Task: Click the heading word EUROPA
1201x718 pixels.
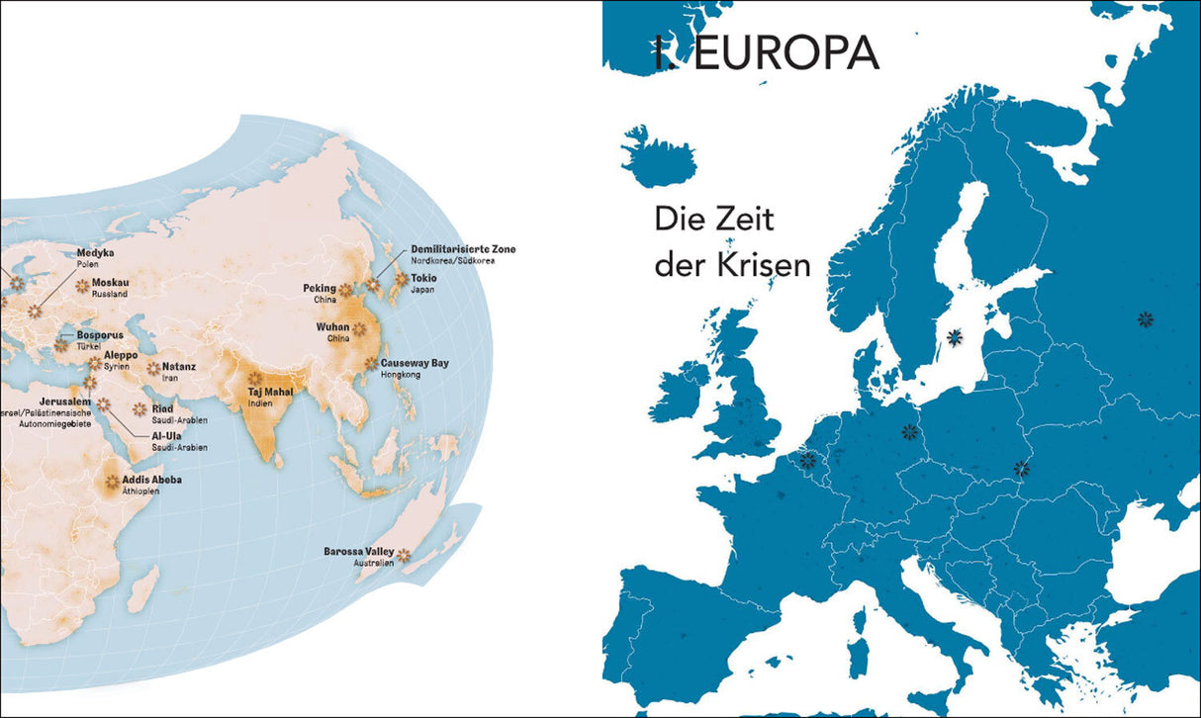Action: pyautogui.click(x=785, y=54)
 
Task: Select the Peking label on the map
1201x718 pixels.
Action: pyautogui.click(x=320, y=288)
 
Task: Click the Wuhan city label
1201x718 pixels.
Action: pyautogui.click(x=333, y=326)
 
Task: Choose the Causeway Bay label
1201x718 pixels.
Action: pyautogui.click(x=414, y=363)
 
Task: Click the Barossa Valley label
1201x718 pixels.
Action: pyautogui.click(x=357, y=551)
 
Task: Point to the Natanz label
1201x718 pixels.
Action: pyautogui.click(x=179, y=366)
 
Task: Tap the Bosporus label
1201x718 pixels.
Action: pyautogui.click(x=100, y=336)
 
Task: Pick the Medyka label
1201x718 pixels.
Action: pyautogui.click(x=96, y=253)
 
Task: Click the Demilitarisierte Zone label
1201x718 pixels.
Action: pyautogui.click(x=462, y=249)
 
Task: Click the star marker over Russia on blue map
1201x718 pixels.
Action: pyautogui.click(x=1146, y=318)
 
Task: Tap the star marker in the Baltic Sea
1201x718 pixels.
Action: pyautogui.click(x=955, y=337)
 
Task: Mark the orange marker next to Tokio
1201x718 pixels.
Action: pyautogui.click(x=401, y=279)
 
